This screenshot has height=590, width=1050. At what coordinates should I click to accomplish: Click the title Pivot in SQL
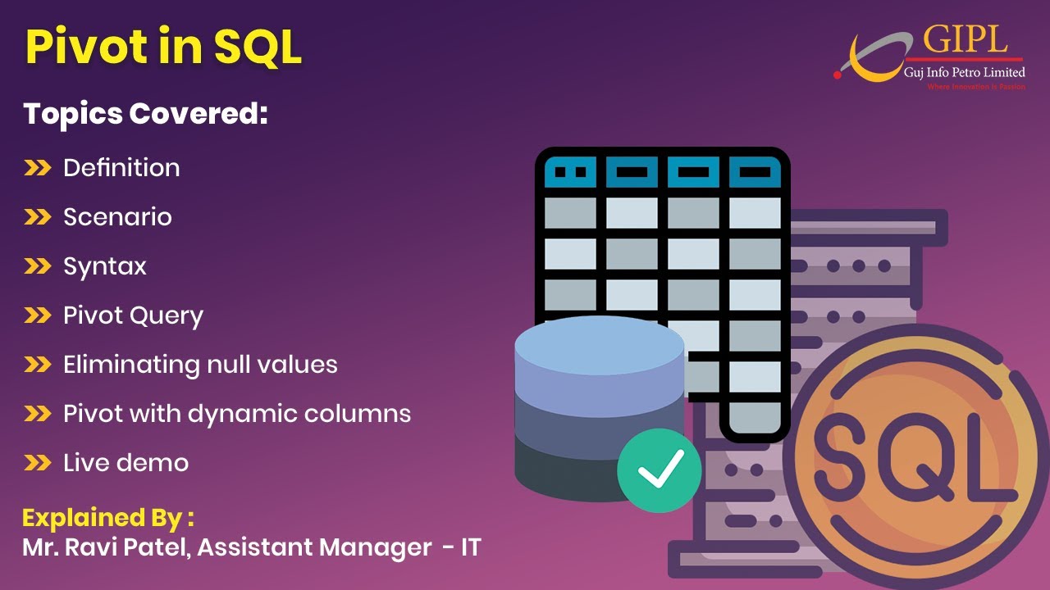(163, 47)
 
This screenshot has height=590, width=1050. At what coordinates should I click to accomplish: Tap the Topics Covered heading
(145, 114)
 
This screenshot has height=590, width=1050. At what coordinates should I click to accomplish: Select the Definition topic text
(121, 168)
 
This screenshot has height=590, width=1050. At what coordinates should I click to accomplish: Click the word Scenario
(117, 217)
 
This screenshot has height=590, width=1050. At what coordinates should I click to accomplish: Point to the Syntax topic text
(105, 266)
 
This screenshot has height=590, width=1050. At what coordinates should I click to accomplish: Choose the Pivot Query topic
(133, 315)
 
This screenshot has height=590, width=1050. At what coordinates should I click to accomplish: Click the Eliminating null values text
(200, 365)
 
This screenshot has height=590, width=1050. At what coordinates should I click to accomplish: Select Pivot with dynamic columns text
(237, 414)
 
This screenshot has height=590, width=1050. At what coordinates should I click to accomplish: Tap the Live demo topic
(126, 463)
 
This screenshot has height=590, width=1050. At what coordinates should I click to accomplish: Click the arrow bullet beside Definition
(38, 169)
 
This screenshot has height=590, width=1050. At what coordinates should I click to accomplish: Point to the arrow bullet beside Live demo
(38, 464)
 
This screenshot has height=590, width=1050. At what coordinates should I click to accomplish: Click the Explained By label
(108, 518)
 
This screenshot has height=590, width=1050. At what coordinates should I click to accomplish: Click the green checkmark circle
(660, 468)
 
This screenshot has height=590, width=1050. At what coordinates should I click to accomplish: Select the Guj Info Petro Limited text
(964, 73)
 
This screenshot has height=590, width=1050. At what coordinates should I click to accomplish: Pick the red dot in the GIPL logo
(838, 75)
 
